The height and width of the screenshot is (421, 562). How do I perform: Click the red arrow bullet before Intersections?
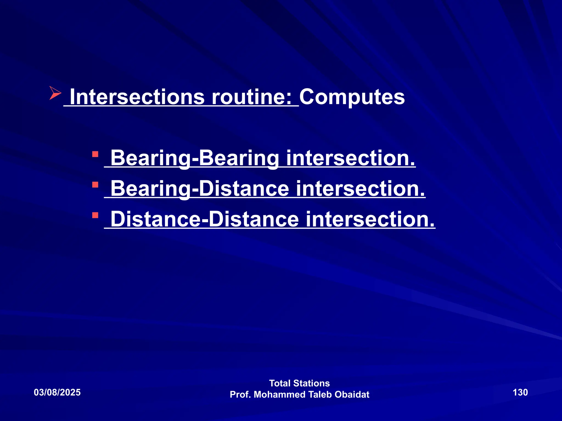point(55,93)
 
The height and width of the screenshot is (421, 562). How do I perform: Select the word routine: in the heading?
point(251,97)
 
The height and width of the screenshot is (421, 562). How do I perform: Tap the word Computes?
point(352,97)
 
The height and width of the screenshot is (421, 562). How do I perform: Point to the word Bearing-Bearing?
point(195,158)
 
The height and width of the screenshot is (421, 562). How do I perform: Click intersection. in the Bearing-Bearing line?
point(351,158)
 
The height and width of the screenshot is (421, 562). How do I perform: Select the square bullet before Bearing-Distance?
point(95,185)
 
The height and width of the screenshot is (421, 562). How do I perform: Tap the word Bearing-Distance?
point(200,189)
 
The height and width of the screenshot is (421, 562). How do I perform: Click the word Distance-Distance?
point(204,219)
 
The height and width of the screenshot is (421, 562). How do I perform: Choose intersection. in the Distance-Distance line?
point(370,219)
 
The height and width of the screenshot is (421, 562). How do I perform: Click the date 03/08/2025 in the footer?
point(57,392)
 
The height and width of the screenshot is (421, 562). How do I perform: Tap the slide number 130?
point(520,392)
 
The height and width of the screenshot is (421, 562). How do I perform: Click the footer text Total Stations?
point(299,383)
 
